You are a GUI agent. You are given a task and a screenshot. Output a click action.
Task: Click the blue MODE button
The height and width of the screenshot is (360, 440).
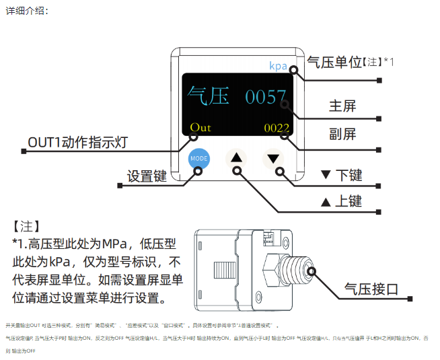click(199, 158)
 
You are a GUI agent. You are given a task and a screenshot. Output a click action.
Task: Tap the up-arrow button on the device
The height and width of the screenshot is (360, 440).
click(236, 158)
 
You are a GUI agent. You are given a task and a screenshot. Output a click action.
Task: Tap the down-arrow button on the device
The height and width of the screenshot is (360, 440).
click(272, 158)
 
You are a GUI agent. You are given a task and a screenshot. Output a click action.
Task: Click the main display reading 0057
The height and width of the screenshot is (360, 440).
click(265, 97)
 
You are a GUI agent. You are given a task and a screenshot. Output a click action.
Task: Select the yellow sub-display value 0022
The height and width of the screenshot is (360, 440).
click(276, 128)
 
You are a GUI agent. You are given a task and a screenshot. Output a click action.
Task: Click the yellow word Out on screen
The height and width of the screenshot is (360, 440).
click(200, 127)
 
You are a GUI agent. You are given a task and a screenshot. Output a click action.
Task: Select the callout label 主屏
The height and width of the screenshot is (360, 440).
click(342, 106)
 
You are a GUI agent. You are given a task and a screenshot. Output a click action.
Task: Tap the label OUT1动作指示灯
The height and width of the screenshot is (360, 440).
click(77, 142)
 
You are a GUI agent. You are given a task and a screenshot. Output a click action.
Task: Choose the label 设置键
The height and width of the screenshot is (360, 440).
click(147, 176)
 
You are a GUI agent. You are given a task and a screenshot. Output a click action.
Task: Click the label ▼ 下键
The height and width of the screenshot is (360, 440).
click(341, 175)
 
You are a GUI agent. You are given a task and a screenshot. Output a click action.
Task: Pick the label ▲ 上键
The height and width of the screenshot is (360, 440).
click(341, 201)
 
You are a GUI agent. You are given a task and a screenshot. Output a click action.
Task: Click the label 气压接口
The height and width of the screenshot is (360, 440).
click(371, 289)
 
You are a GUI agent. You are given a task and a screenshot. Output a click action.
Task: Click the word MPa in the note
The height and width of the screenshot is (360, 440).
click(103, 243)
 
